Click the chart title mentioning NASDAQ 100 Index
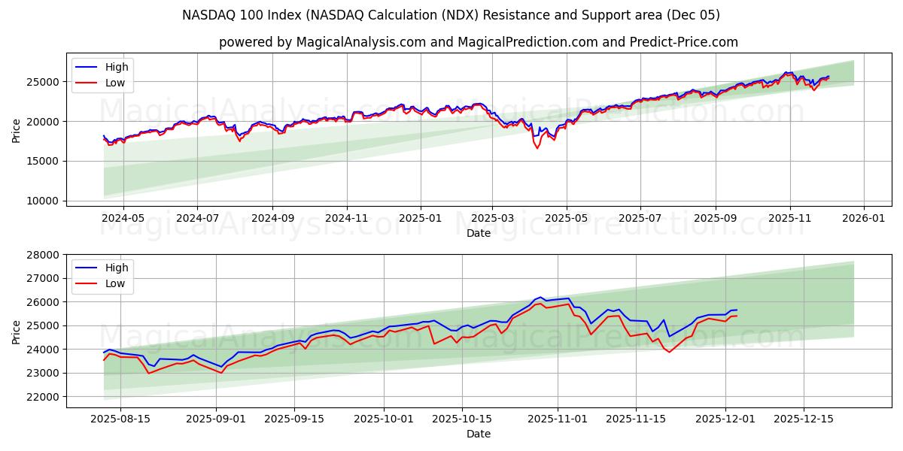(x=451, y=15)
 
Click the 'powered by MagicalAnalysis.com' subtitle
(x=478, y=42)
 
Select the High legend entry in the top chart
(x=117, y=67)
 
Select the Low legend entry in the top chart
(x=115, y=83)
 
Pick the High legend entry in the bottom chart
(x=117, y=268)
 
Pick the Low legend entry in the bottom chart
(x=115, y=284)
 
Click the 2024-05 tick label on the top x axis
(x=123, y=218)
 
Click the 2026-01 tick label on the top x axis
(x=863, y=218)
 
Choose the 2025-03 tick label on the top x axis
(x=492, y=218)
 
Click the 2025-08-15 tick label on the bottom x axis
(x=120, y=419)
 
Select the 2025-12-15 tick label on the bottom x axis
(x=804, y=419)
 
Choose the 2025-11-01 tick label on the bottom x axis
(x=558, y=419)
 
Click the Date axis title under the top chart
(x=478, y=233)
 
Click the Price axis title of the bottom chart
(x=17, y=331)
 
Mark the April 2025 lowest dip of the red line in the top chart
(x=537, y=148)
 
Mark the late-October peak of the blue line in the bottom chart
(x=540, y=297)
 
